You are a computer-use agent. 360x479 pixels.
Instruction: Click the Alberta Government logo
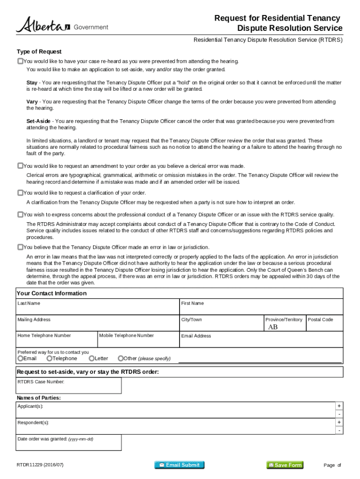[62, 25]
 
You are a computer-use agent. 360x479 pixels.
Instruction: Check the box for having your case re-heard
[20, 61]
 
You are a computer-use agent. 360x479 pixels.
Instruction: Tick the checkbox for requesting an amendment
[20, 166]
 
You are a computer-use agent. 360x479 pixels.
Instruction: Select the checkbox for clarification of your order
[20, 193]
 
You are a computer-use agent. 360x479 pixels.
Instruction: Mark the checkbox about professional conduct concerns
[20, 215]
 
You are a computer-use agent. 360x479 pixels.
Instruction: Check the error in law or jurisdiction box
[20, 247]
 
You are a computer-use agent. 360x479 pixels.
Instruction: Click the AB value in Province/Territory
[273, 327]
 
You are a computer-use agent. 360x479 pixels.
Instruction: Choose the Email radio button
[20, 358]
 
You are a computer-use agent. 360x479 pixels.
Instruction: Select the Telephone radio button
[49, 358]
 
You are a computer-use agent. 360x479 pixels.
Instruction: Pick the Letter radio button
[92, 358]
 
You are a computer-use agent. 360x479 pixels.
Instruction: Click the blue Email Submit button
[180, 465]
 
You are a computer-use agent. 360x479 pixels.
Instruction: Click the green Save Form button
[285, 465]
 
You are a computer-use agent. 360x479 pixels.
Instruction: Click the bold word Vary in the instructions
[32, 102]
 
